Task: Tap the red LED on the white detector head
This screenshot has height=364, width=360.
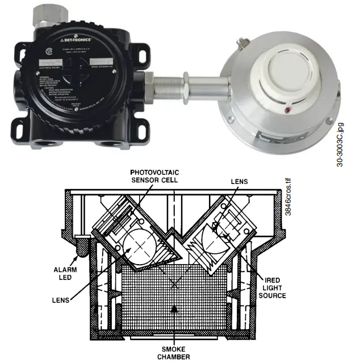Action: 287,109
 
